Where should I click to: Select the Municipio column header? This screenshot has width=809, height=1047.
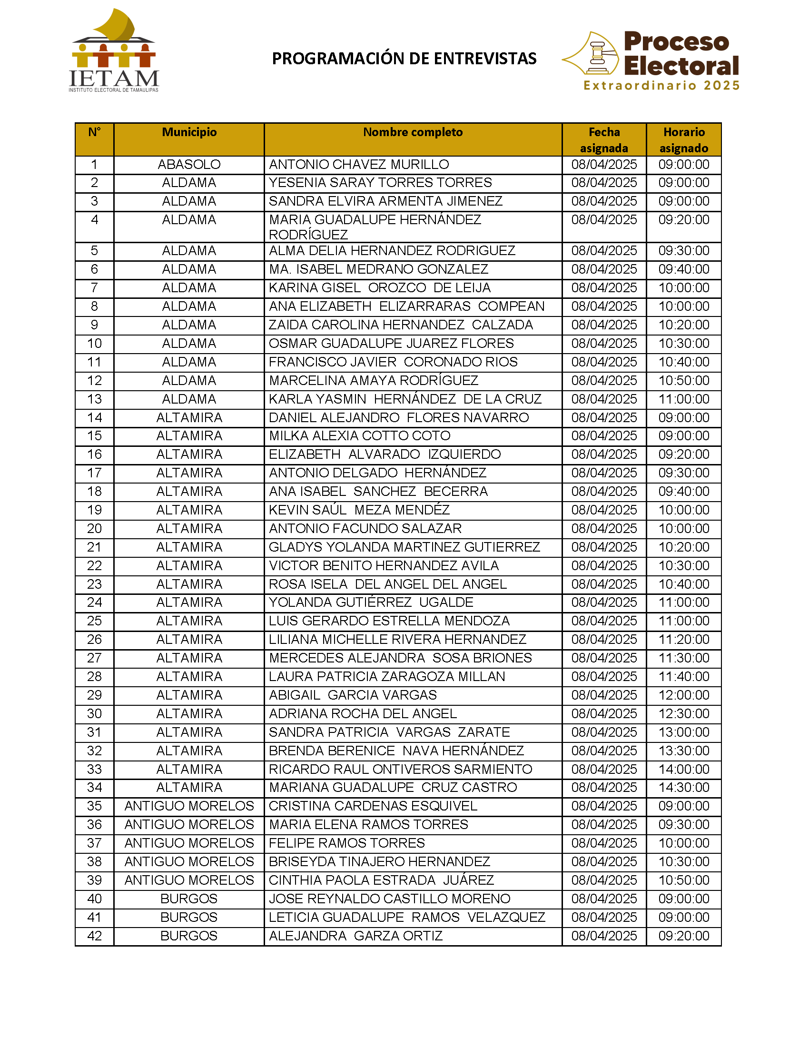pyautogui.click(x=189, y=132)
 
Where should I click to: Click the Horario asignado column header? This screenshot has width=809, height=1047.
pyautogui.click(x=683, y=139)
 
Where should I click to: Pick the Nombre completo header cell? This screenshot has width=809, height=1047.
pyautogui.click(x=413, y=132)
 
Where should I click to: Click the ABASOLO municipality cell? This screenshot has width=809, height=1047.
pyautogui.click(x=189, y=165)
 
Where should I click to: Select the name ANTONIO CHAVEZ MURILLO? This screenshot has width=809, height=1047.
pyautogui.click(x=359, y=165)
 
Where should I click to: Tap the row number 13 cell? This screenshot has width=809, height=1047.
pyautogui.click(x=94, y=399)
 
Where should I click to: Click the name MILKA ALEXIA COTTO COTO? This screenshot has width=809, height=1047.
pyautogui.click(x=359, y=436)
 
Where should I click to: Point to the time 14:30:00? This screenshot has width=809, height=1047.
pyautogui.click(x=683, y=788)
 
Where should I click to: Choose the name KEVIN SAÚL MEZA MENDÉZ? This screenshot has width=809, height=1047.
pyautogui.click(x=359, y=510)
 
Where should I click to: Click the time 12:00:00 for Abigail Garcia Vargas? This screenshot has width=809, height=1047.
pyautogui.click(x=683, y=695)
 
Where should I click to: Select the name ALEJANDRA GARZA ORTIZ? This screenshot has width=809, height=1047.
pyautogui.click(x=355, y=936)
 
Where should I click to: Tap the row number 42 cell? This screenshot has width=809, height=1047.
pyautogui.click(x=94, y=936)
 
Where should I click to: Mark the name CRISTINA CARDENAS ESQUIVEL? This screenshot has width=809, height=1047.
pyautogui.click(x=373, y=806)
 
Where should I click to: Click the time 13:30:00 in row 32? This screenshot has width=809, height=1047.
pyautogui.click(x=683, y=751)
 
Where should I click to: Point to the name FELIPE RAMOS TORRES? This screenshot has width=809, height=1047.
pyautogui.click(x=347, y=843)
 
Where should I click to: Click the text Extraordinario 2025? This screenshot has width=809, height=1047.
pyautogui.click(x=661, y=86)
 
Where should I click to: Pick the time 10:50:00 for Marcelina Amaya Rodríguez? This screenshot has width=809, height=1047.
pyautogui.click(x=683, y=381)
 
